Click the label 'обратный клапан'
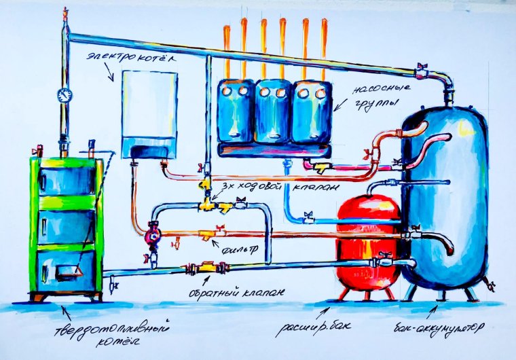(x=236, y=293)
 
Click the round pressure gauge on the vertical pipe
(x=64, y=94)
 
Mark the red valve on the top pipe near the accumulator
(x=422, y=67)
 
